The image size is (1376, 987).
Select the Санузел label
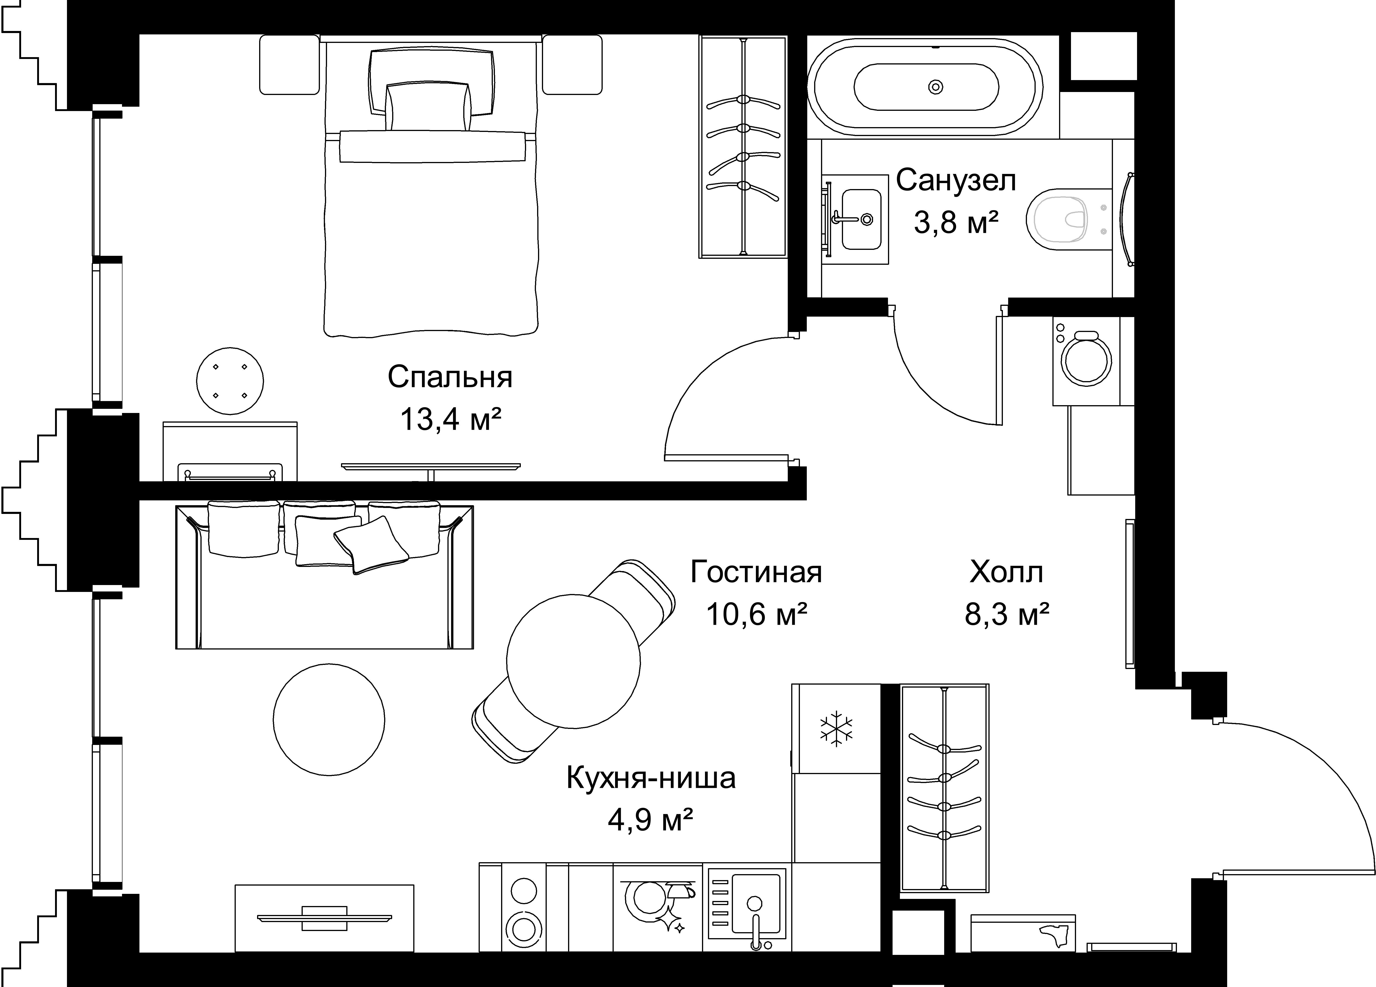(956, 181)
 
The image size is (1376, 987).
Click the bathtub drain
(936, 87)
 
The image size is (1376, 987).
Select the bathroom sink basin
(862, 218)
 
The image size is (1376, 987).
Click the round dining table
(573, 661)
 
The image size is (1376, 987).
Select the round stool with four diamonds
(230, 381)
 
